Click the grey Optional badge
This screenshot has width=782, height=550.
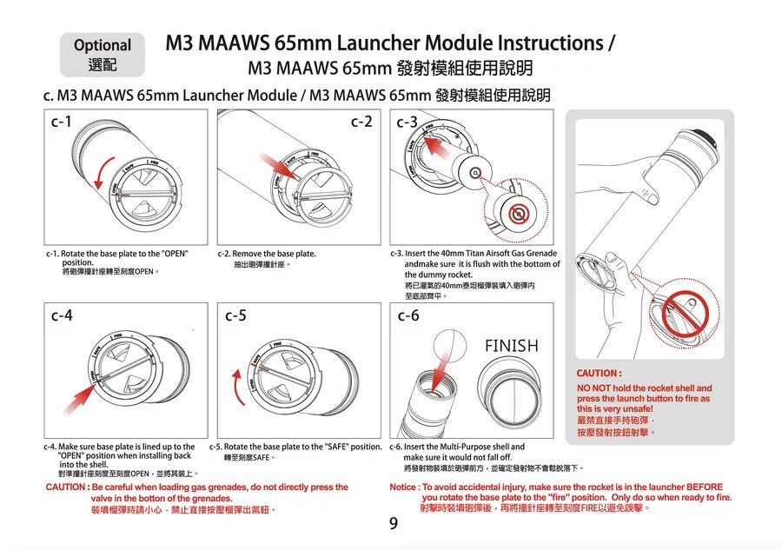(x=103, y=55)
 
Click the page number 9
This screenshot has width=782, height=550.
(x=393, y=524)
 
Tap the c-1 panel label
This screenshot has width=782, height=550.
(x=61, y=123)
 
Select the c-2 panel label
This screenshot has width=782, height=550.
(x=361, y=123)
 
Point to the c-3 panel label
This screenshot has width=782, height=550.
(x=407, y=123)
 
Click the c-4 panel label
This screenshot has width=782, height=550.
(x=61, y=315)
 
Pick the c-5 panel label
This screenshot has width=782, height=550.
(x=236, y=315)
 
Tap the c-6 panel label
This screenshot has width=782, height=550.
(x=409, y=315)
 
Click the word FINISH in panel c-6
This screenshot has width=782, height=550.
(x=511, y=346)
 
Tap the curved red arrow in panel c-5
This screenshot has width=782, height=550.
(x=236, y=388)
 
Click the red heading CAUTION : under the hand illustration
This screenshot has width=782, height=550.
(x=599, y=374)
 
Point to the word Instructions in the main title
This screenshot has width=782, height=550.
(x=547, y=43)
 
